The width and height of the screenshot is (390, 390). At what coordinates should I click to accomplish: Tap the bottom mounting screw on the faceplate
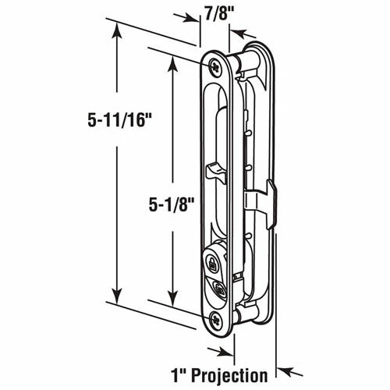215,317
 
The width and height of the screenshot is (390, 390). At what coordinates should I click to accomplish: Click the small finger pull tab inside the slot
213,169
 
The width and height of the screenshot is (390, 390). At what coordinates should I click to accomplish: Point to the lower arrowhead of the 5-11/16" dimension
117,300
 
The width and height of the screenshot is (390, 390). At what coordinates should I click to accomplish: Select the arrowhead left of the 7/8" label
190,17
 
